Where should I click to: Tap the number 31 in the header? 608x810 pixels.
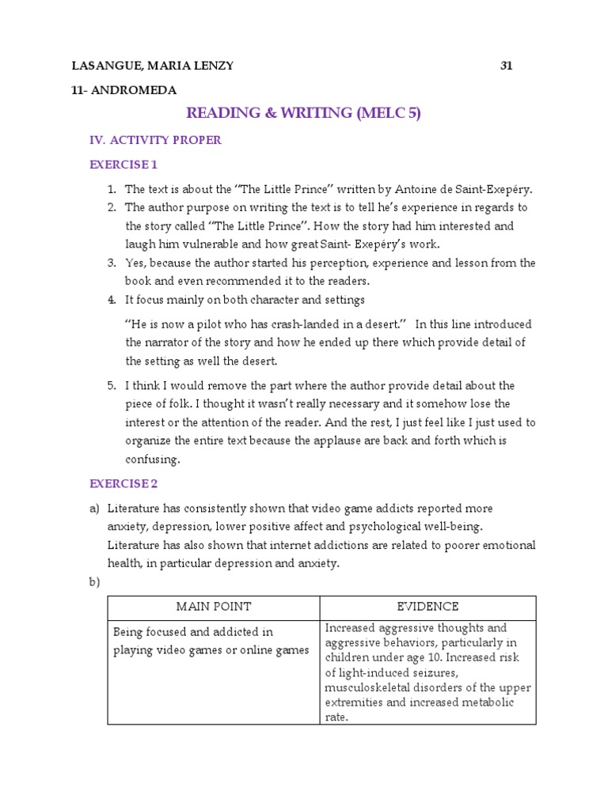507,66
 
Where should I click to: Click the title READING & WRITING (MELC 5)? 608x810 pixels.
303,113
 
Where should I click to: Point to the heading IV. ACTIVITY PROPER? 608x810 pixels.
155,140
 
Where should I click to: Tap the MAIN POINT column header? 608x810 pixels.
213,607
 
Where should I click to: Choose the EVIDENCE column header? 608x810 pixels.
427,607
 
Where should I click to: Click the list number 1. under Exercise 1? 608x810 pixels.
112,189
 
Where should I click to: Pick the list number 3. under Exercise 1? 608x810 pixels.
112,263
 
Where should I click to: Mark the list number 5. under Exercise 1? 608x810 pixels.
112,386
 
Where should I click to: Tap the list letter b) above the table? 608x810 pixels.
94,582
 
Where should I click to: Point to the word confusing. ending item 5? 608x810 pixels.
153,460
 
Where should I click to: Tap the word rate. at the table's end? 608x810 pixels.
336,717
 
